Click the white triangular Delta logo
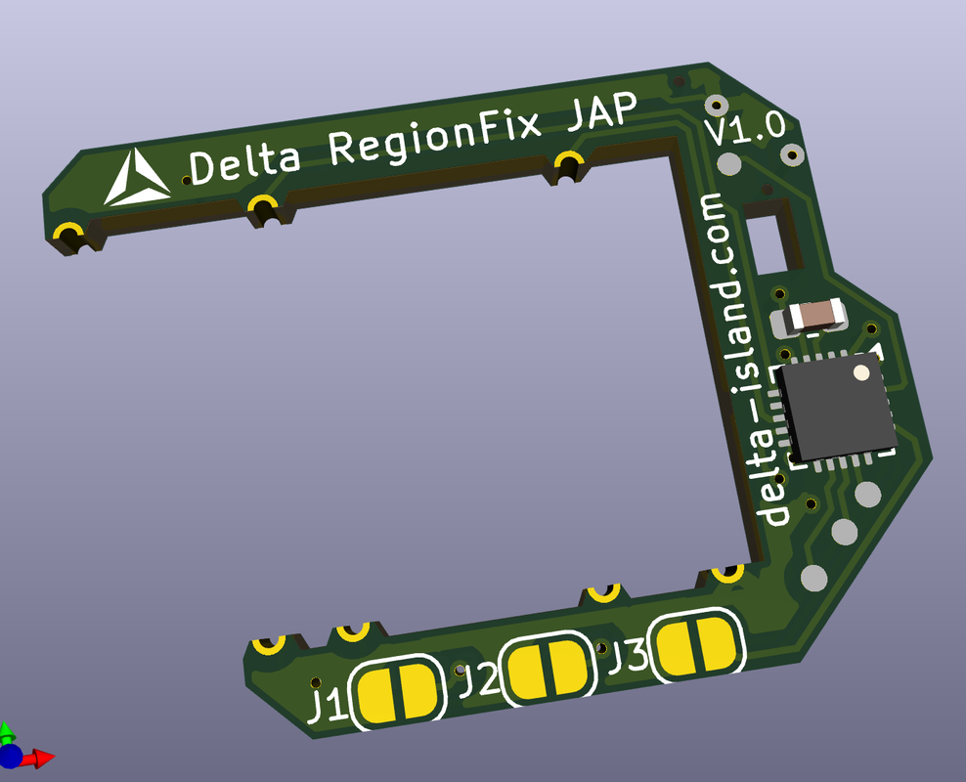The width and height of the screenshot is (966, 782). (x=136, y=179)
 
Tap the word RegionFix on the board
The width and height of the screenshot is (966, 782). (x=434, y=137)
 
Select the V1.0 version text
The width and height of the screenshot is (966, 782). (x=745, y=129)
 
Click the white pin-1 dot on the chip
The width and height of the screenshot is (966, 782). (x=861, y=372)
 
